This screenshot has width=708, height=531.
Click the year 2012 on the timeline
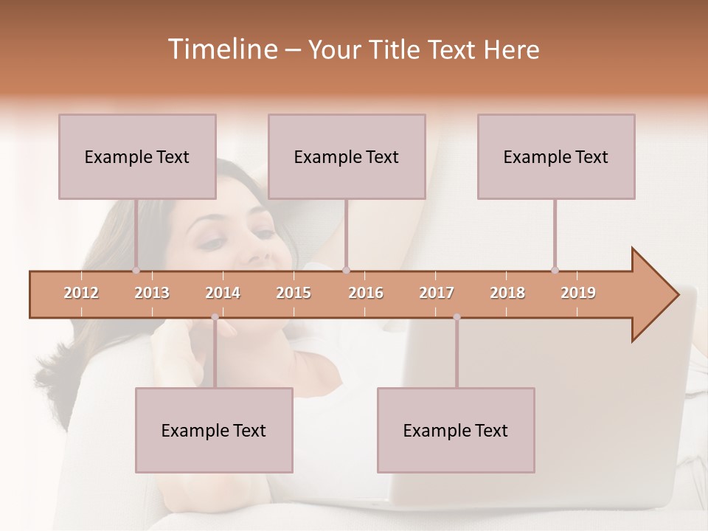81,293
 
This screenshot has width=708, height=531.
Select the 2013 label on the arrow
152,293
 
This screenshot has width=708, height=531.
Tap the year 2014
223,293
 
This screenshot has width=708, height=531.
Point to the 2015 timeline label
294,293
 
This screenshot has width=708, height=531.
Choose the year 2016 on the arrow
366,293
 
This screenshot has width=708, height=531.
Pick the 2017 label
437,293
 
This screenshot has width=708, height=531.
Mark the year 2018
507,293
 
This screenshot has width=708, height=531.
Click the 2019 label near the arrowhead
578,293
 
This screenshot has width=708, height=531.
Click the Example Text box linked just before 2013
137,156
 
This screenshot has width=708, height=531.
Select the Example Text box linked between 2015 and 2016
347,156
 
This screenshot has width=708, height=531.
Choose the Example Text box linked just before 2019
556,156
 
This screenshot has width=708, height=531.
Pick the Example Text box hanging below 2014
214,430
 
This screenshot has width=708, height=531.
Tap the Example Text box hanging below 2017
456,430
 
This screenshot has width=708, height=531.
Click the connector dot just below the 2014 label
215,317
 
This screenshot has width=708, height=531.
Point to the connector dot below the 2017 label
457,317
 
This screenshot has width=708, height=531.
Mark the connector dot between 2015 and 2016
347,271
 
